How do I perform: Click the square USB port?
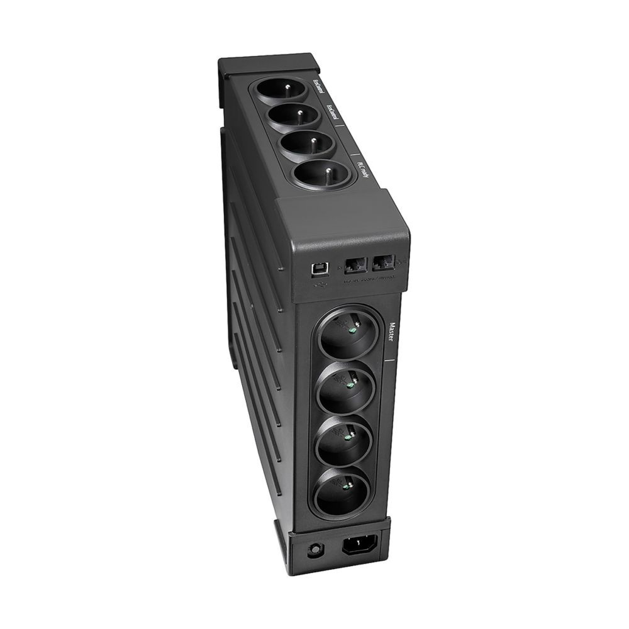pyautogui.click(x=316, y=269)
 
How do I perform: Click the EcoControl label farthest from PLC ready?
pyautogui.click(x=319, y=86)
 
